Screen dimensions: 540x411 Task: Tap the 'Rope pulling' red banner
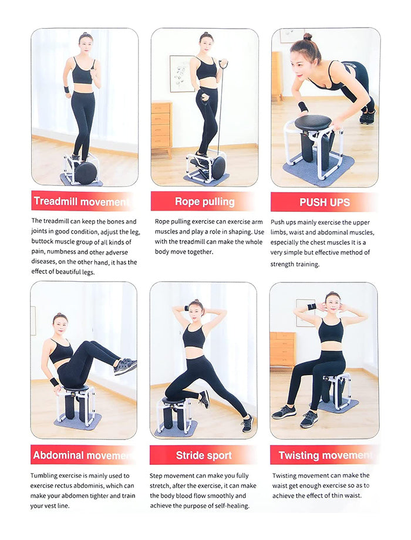tap(204, 201)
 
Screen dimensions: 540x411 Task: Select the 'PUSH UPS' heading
tap(324, 203)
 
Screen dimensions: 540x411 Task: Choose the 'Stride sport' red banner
tap(203, 455)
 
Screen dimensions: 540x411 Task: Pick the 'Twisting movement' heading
tap(324, 455)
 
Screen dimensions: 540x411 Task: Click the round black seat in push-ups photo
tap(312, 123)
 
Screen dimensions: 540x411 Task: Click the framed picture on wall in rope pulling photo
tap(181, 73)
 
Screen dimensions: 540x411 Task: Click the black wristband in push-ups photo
tap(303, 107)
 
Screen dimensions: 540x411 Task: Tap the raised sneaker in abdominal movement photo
tap(125, 367)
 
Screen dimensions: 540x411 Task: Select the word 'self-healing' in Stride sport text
tap(230, 506)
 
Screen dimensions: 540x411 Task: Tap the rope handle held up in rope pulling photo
tap(224, 63)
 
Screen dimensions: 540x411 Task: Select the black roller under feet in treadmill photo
tap(86, 173)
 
